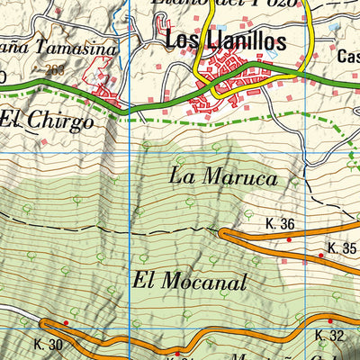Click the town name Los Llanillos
[x=226, y=40]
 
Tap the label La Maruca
[x=222, y=177]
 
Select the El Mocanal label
[x=189, y=281]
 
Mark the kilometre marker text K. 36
[x=281, y=224]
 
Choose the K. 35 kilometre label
[x=342, y=247]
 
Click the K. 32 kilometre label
[x=330, y=336]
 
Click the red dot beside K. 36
[x=289, y=239]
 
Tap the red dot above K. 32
[x=329, y=321]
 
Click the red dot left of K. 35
[x=320, y=256]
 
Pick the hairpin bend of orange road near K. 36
[x=221, y=234]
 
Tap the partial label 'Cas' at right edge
[x=348, y=57]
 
